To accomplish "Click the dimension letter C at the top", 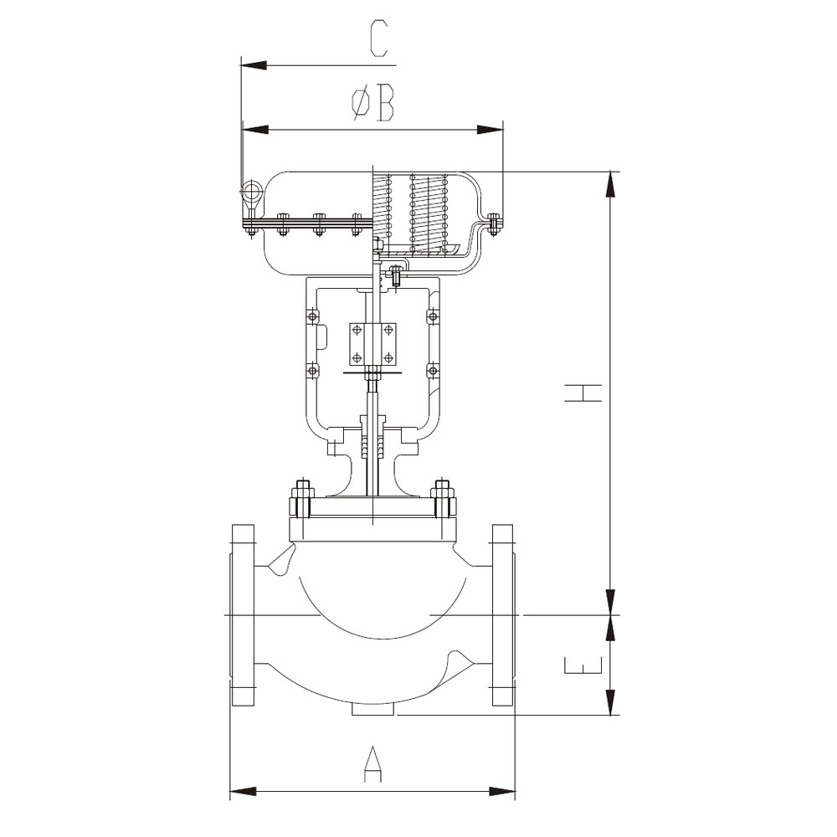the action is point(378,39).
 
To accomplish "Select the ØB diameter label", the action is point(372,102).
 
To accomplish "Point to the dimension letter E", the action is point(583,665).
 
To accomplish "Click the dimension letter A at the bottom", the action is point(373,765).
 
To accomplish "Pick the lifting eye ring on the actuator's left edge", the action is point(250,191).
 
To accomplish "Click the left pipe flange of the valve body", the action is point(243,615).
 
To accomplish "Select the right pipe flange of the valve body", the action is point(503,615).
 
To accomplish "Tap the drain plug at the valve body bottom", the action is point(373,710).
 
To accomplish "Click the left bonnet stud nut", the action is point(301,500).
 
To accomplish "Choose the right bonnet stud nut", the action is point(444,500).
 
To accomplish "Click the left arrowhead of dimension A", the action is point(244,791).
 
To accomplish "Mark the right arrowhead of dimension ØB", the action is point(490,130).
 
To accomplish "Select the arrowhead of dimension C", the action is point(254,65).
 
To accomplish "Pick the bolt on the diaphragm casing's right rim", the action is point(495,223).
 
